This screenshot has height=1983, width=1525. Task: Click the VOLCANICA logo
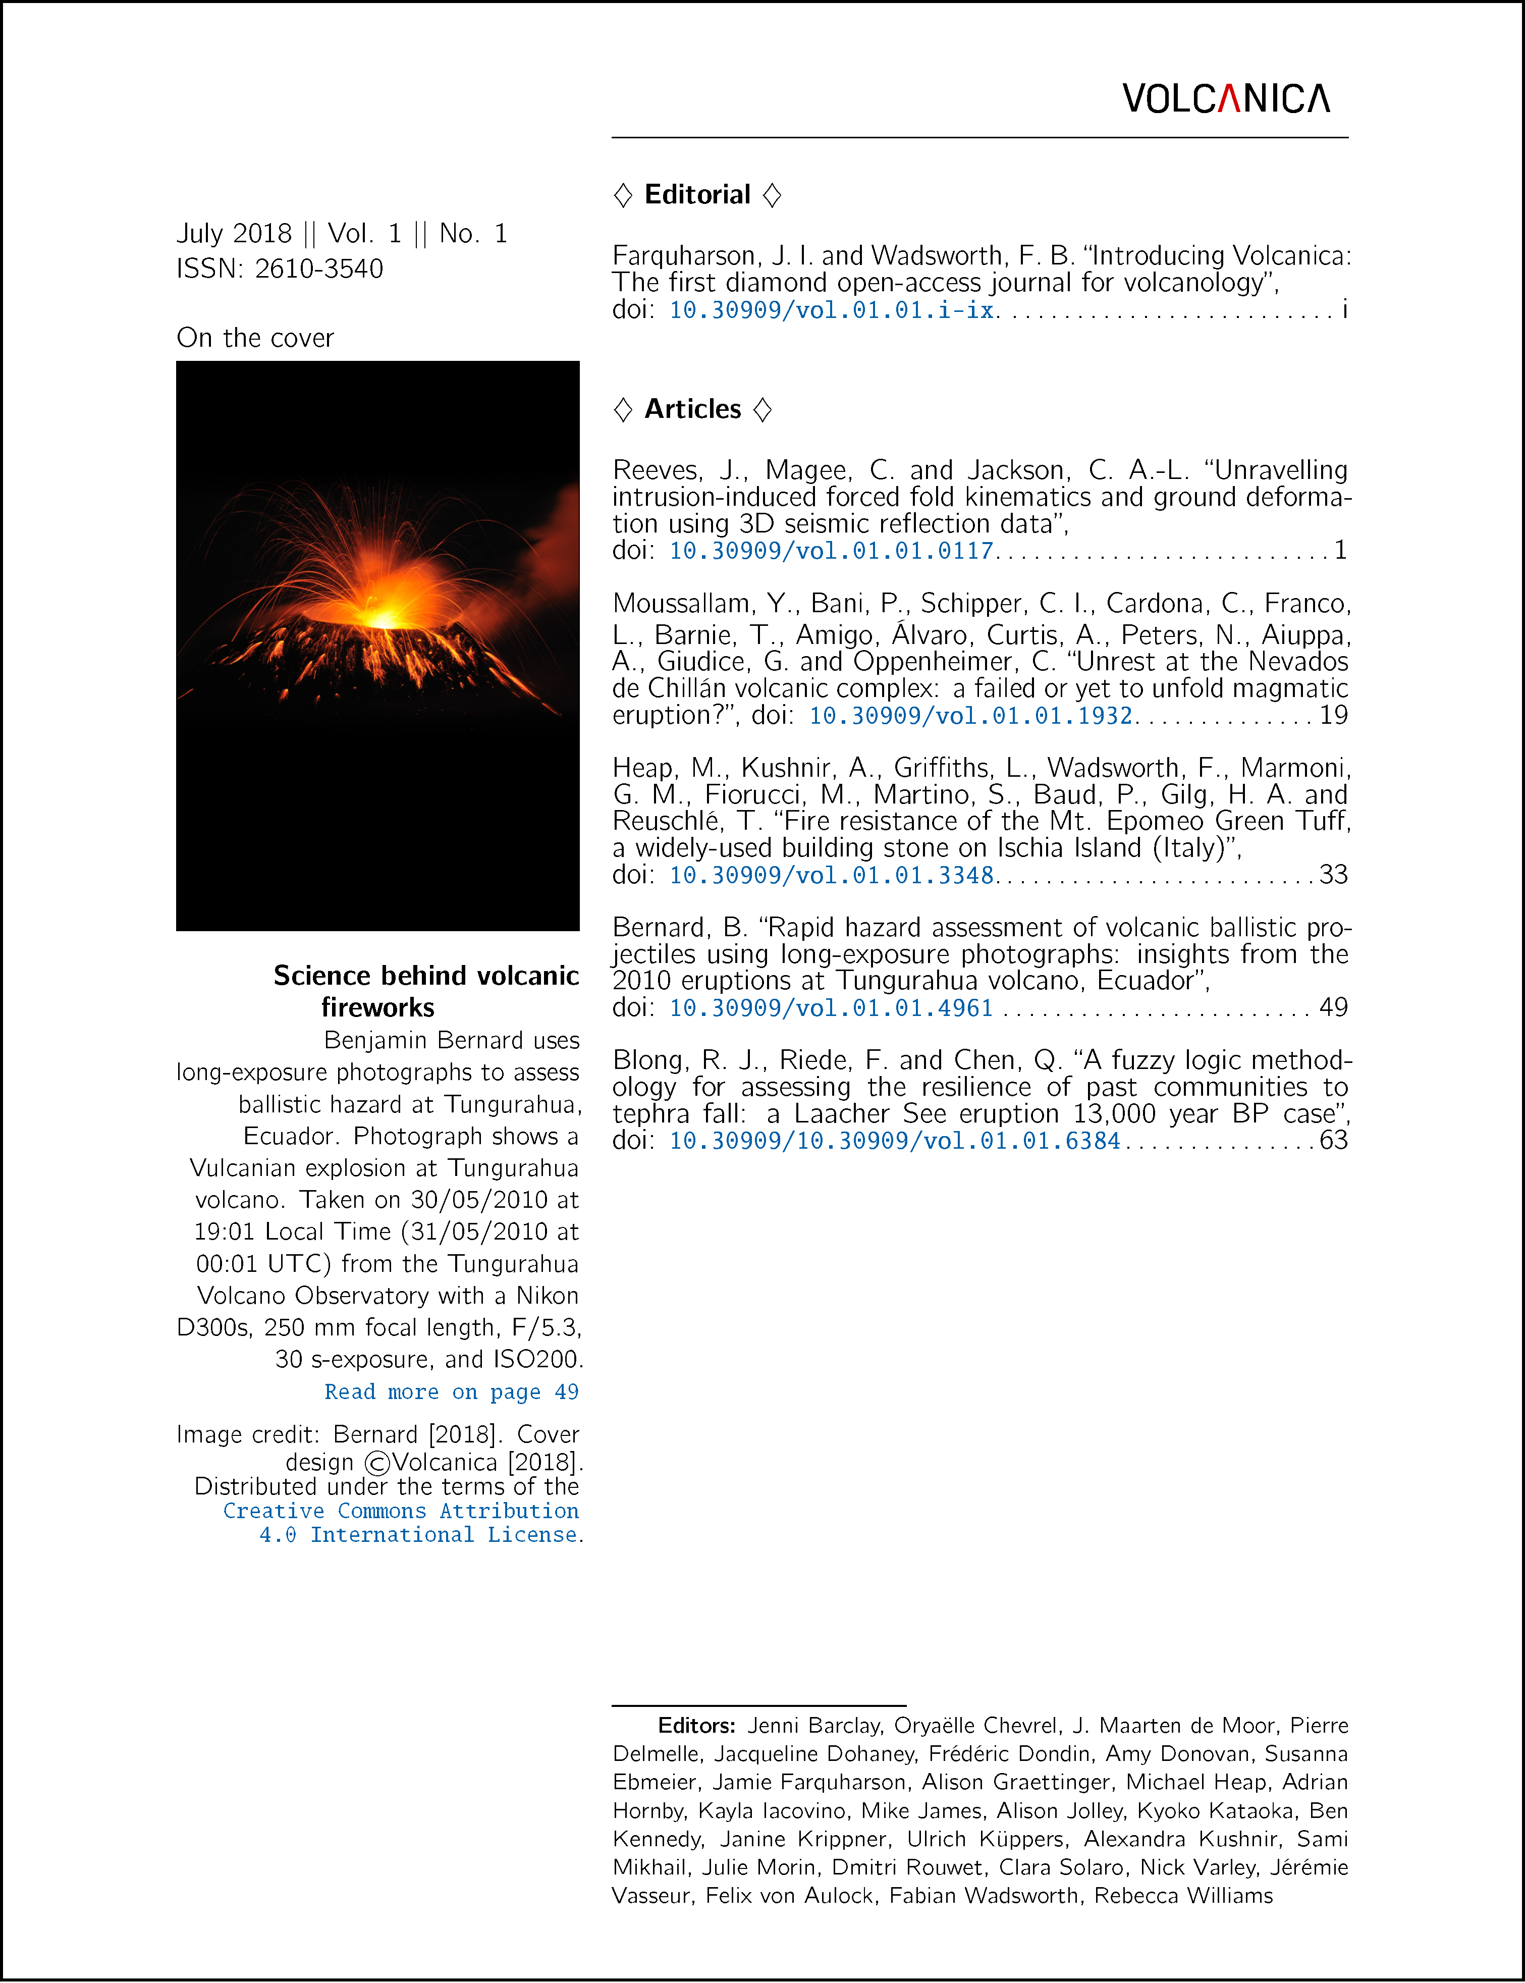coord(1225,98)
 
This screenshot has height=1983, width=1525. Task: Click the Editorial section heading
coord(696,194)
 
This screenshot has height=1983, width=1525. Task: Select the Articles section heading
coord(692,409)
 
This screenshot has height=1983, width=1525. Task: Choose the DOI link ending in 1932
coord(970,716)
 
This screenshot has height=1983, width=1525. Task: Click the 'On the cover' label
coord(255,338)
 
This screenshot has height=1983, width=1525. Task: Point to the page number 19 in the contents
coord(1333,716)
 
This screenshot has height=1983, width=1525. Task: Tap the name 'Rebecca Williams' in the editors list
coord(1183,1896)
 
